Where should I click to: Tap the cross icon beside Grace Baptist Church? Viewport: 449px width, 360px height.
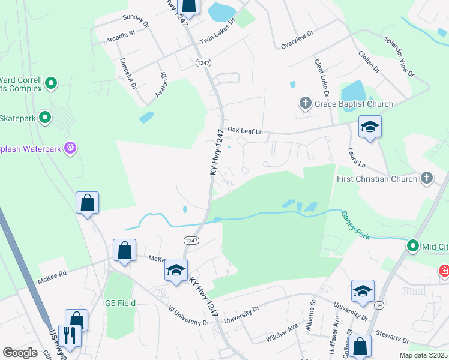(x=305, y=104)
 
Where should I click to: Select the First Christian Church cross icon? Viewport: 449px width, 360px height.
(x=426, y=178)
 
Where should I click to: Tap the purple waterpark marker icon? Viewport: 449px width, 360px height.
(x=71, y=147)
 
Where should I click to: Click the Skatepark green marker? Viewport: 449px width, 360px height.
(x=45, y=118)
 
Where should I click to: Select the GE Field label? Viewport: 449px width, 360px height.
(x=120, y=303)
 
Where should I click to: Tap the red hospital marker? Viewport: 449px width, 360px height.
(x=444, y=271)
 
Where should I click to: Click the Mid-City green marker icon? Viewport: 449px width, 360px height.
(x=413, y=245)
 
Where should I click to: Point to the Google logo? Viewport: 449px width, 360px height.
(x=20, y=352)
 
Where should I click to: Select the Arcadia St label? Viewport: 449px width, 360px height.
(x=121, y=35)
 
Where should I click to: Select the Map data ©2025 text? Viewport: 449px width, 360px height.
(x=423, y=355)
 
